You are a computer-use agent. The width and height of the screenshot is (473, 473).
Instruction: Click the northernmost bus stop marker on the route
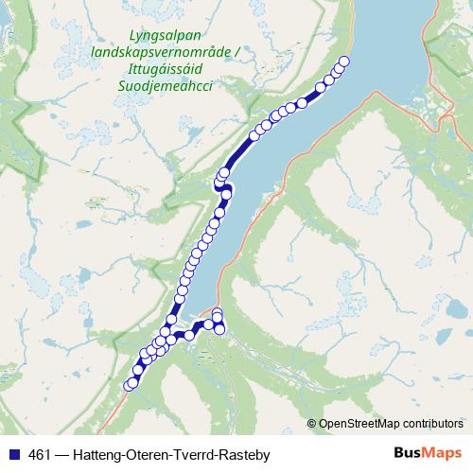(344, 61)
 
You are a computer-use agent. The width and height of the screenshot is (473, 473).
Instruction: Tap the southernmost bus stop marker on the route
(131, 384)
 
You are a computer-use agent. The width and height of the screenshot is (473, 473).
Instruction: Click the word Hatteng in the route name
(101, 453)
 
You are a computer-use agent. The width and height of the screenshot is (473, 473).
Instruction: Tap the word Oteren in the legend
(150, 453)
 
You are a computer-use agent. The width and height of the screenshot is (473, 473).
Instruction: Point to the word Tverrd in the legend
(196, 453)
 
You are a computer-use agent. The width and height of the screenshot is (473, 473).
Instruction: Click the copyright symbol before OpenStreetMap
(312, 423)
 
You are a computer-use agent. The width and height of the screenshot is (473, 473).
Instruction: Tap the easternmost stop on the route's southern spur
(221, 328)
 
